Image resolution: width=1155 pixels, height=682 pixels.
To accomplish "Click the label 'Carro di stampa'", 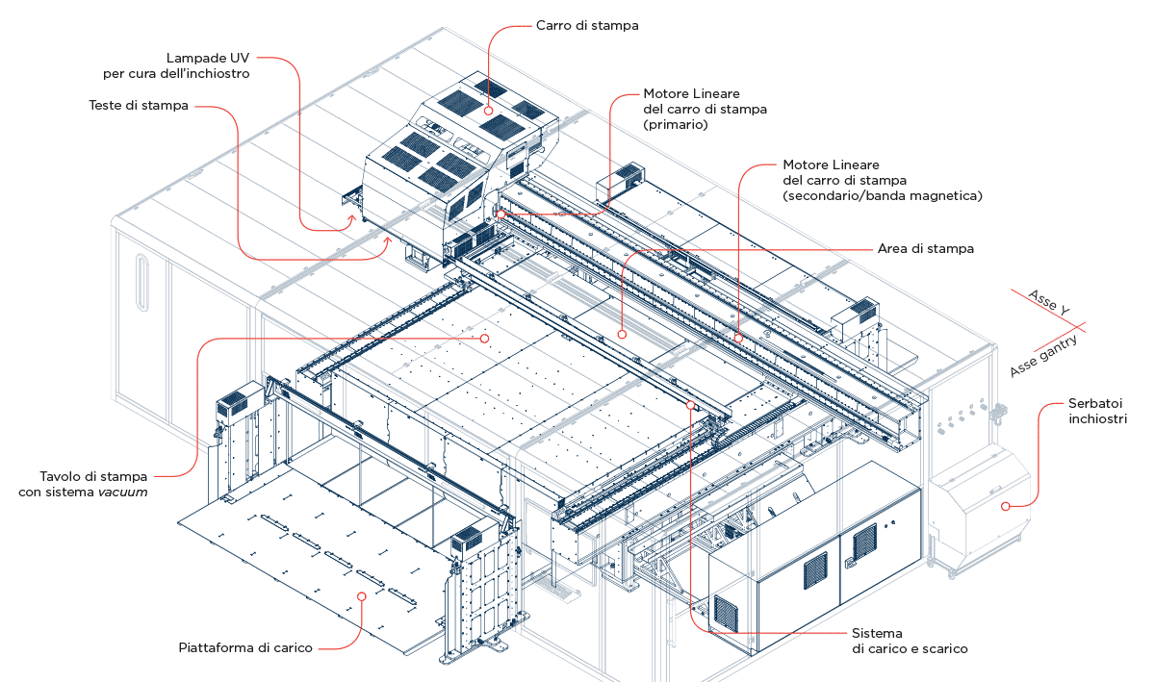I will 586,26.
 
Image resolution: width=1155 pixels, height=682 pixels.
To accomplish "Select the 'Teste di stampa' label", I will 138,106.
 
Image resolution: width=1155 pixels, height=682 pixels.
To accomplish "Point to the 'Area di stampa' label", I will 925,249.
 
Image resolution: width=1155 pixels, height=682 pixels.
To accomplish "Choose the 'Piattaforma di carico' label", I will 244,647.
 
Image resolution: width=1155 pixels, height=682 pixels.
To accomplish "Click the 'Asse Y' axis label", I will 1049,300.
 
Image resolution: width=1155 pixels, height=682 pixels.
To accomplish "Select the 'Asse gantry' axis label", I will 1043,357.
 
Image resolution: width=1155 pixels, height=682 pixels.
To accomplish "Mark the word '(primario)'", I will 676,124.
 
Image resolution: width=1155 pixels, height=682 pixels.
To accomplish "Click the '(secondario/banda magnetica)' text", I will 882,195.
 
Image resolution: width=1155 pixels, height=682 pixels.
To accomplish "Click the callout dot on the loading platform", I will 362,596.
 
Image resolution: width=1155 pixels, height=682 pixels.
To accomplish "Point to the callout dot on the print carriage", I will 488,111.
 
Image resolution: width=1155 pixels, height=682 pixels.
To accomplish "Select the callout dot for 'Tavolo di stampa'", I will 485,339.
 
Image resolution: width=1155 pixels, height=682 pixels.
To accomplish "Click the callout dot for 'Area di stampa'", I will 622,335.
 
